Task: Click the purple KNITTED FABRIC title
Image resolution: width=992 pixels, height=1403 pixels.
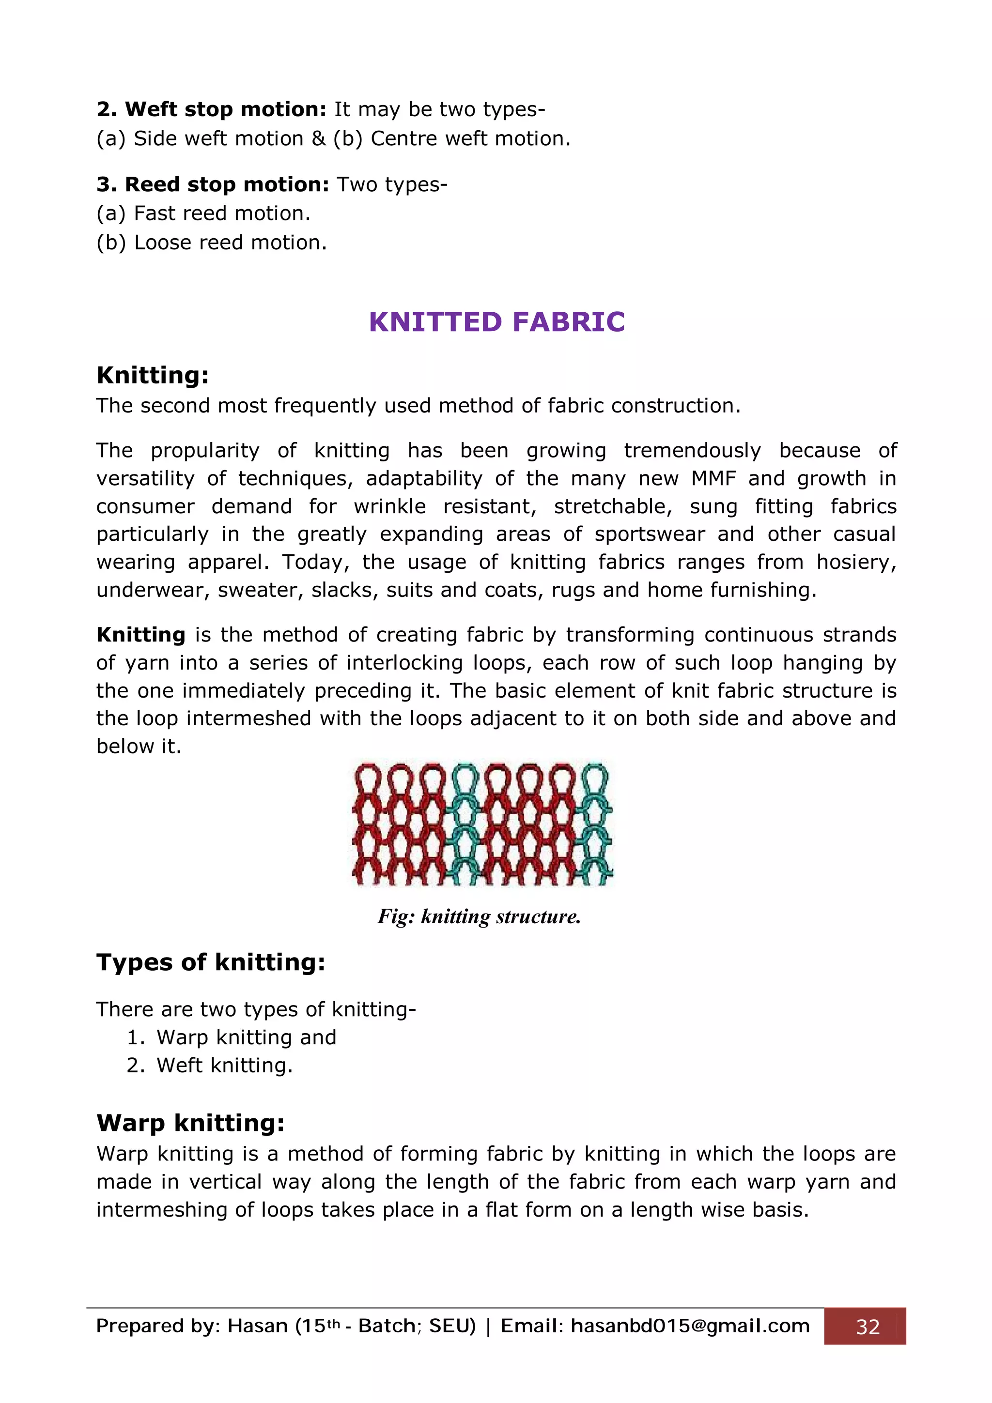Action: tap(496, 322)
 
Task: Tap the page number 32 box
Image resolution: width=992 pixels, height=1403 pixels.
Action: tap(867, 1327)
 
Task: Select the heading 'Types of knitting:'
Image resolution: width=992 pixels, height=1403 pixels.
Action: tap(211, 962)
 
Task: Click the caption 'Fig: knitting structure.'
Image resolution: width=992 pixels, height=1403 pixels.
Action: tap(479, 916)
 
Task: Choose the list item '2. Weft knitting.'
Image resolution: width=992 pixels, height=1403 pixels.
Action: tap(210, 1066)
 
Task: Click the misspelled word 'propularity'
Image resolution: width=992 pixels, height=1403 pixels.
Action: tap(205, 451)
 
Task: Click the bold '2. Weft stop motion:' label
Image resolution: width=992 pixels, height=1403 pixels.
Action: tap(212, 109)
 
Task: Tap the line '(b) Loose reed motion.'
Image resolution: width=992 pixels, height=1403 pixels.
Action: tap(212, 243)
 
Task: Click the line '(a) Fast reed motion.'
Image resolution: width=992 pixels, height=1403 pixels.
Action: tap(203, 213)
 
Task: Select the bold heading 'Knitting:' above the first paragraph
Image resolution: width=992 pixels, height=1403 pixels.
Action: tap(153, 375)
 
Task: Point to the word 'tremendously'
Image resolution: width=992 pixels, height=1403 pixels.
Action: tap(692, 451)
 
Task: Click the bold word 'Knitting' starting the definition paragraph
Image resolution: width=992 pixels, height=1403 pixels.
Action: tap(140, 635)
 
